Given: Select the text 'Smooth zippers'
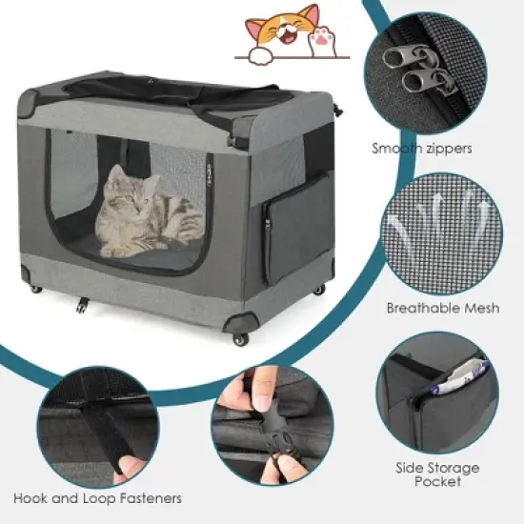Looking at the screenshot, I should pyautogui.click(x=422, y=149).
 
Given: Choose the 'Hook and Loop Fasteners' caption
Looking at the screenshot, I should pyautogui.click(x=97, y=497).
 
